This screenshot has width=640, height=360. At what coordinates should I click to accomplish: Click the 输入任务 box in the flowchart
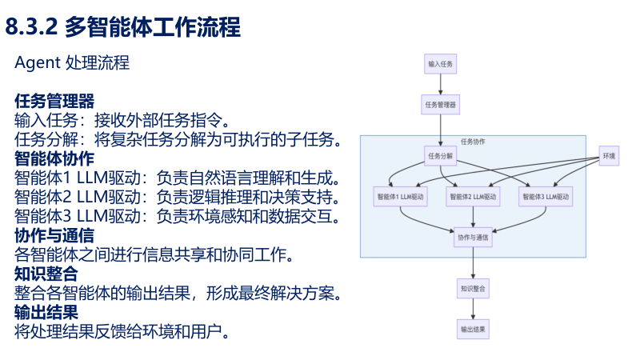pyautogui.click(x=440, y=64)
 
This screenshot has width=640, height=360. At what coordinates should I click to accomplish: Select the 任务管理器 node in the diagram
pyautogui.click(x=440, y=104)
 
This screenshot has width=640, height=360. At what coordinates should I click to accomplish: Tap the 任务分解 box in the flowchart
pyautogui.click(x=440, y=155)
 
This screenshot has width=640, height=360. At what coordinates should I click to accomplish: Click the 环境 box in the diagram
pyautogui.click(x=610, y=155)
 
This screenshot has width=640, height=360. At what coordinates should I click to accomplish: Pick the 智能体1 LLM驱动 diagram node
pyautogui.click(x=400, y=196)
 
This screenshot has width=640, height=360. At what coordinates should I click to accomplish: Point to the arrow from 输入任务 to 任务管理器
pyautogui.click(x=440, y=84)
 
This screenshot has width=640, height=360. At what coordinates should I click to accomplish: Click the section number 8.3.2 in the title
pyautogui.click(x=32, y=28)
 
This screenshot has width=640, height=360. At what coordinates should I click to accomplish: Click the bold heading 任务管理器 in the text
pyautogui.click(x=54, y=102)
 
